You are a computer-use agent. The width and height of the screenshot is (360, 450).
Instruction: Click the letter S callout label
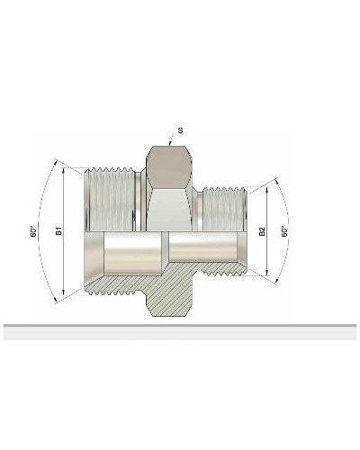[181, 130]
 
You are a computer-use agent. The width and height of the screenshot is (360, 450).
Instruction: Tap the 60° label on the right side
[284, 231]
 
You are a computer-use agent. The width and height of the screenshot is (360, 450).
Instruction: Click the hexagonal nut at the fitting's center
[169, 193]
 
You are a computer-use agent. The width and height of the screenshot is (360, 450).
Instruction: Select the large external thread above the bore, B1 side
[112, 198]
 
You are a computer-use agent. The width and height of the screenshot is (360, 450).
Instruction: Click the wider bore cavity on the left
[132, 255]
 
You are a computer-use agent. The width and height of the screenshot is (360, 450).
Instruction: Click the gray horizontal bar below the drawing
[180, 332]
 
